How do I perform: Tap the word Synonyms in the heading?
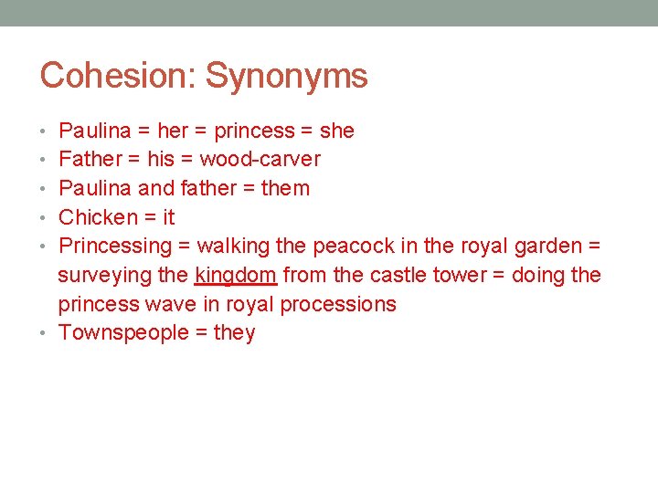pyautogui.click(x=286, y=75)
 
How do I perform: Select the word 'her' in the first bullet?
pyautogui.click(x=173, y=131)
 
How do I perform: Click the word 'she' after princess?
pyautogui.click(x=337, y=131)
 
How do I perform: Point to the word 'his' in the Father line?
pyautogui.click(x=160, y=160)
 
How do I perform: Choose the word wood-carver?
pyautogui.click(x=260, y=160)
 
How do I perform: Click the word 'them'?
pyautogui.click(x=285, y=189)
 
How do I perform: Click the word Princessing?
pyautogui.click(x=115, y=246)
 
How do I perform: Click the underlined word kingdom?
pyautogui.click(x=235, y=275)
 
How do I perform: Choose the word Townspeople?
pyautogui.click(x=122, y=333)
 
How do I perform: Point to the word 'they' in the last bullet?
pyautogui.click(x=234, y=333)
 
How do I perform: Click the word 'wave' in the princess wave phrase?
pyautogui.click(x=171, y=304)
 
